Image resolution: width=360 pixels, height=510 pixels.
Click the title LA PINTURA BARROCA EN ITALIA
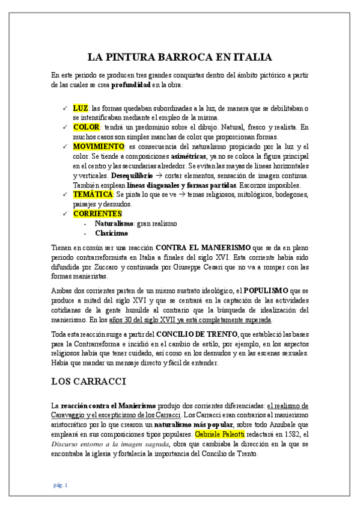point(180,58)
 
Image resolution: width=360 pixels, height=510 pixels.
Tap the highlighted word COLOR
point(87,127)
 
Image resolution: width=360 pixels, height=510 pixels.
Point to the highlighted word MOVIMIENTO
point(98,147)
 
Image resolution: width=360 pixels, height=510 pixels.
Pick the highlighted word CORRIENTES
point(97,214)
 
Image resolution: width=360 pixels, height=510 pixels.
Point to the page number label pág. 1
point(59,485)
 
